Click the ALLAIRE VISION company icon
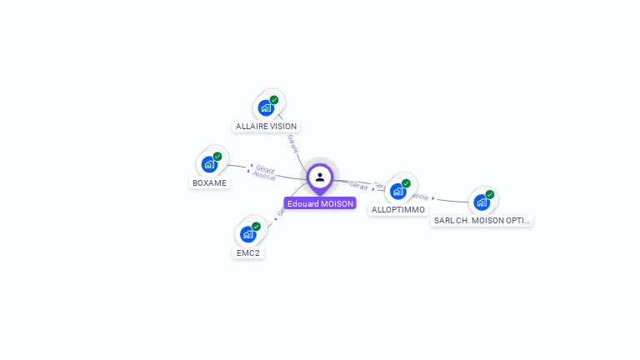[265, 107]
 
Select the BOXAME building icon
[208, 164]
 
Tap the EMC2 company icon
[247, 234]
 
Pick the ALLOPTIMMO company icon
[397, 192]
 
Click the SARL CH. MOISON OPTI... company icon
[481, 202]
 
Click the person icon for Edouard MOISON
[320, 177]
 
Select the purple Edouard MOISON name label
[320, 203]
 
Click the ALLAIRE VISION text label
[266, 127]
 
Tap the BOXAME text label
[209, 182]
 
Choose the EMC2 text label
[248, 252]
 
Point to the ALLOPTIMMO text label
[398, 210]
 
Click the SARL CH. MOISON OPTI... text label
[482, 221]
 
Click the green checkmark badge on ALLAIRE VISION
[274, 100]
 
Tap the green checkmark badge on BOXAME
[217, 156]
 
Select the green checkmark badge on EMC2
[257, 226]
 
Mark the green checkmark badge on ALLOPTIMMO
[407, 183]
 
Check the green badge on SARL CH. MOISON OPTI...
[490, 194]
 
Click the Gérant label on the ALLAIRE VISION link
[292, 142]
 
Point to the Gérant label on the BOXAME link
[265, 169]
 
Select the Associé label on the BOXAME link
[264, 177]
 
